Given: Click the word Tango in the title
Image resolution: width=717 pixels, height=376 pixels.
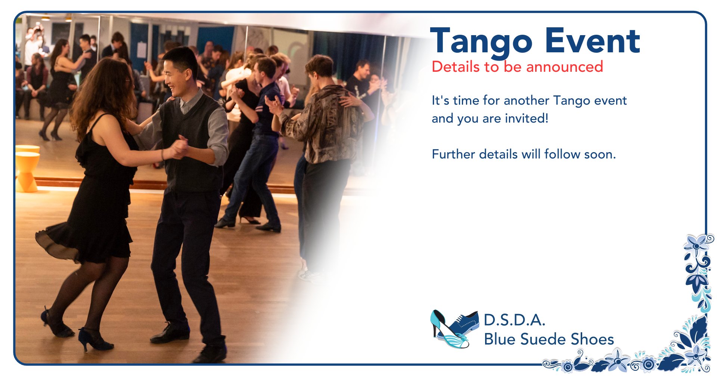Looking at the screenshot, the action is [x=481, y=42].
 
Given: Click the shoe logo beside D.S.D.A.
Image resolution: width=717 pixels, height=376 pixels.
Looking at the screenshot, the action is [x=454, y=329].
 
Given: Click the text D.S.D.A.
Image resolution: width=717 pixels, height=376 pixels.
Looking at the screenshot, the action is [x=515, y=320].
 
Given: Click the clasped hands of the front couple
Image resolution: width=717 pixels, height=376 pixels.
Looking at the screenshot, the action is [x=179, y=148].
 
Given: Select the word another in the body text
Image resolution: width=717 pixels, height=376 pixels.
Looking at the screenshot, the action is [x=527, y=100].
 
